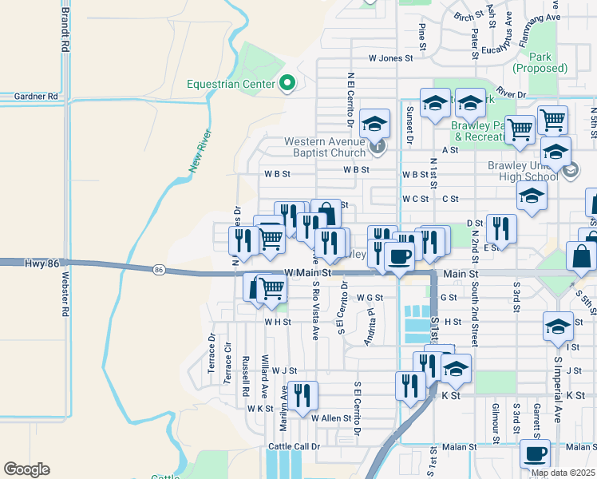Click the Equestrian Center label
coord(231,83)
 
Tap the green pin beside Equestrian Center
coord(287,83)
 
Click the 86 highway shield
coord(160,271)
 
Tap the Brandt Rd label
coord(65,30)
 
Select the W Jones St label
coord(390,58)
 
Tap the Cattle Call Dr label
coord(294,446)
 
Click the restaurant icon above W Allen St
coord(302,395)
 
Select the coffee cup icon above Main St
coord(398,255)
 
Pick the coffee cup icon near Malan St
coord(534,453)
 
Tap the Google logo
coord(26,469)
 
